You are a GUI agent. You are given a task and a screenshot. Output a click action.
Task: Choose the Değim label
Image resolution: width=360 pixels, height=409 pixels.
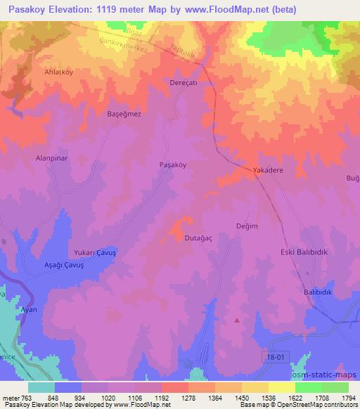247,226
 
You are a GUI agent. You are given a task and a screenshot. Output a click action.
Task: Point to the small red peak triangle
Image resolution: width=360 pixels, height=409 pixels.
237,320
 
